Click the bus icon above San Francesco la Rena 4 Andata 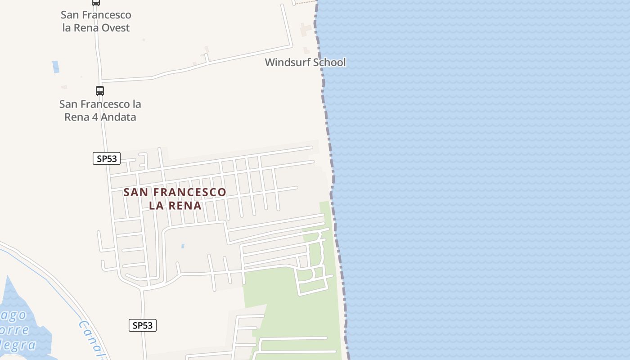pos(100,90)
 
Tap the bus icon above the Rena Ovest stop pos(95,2)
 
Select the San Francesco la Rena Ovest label pos(96,21)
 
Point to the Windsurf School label pos(305,63)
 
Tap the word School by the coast pos(329,63)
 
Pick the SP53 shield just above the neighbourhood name pos(107,158)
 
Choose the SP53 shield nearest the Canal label pos(143,325)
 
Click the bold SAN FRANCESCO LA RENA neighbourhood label pos(175,199)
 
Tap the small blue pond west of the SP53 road pos(55,67)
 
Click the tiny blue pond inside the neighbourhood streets pos(182,246)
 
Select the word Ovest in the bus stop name pos(115,28)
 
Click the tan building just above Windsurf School pos(306,30)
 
